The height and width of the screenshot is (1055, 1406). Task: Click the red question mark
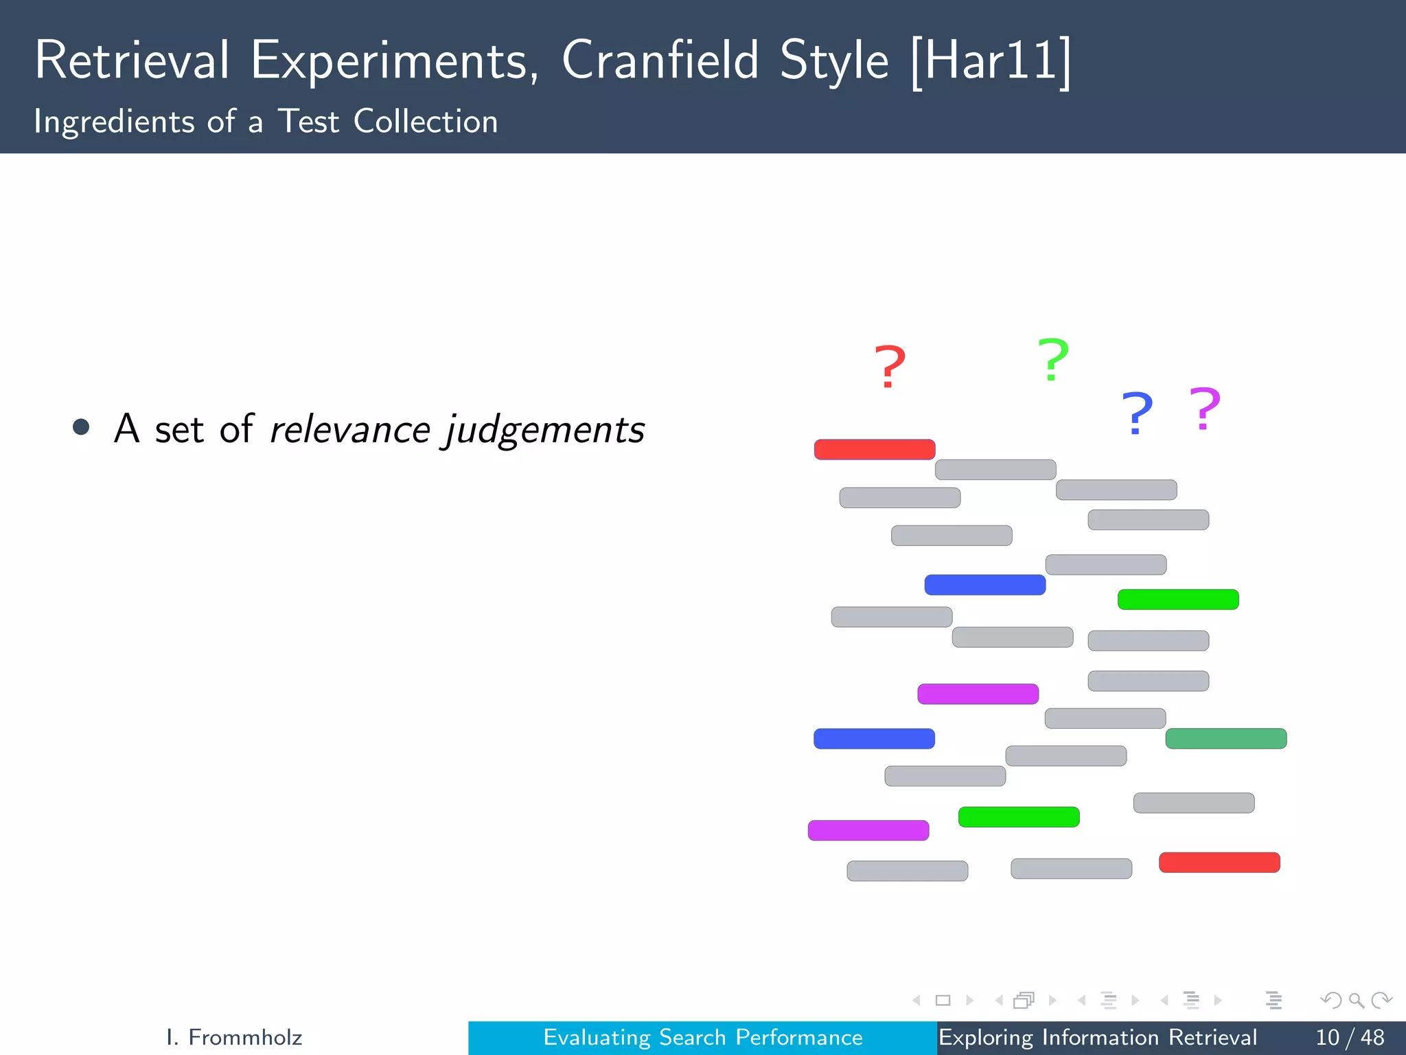[889, 367]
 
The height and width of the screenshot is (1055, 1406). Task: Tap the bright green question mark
[1053, 359]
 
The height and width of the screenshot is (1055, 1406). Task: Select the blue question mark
[1137, 413]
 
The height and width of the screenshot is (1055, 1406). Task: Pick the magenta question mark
[1205, 409]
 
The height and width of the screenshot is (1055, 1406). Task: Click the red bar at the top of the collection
[875, 449]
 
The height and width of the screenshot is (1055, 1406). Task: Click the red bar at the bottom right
[1219, 862]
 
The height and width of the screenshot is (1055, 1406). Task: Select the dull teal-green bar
[1225, 738]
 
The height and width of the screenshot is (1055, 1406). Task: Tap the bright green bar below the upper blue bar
[1178, 599]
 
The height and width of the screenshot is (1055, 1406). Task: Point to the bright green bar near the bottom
[1019, 817]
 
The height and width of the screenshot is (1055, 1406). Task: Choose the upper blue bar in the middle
[984, 585]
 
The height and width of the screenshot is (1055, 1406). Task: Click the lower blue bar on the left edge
[874, 738]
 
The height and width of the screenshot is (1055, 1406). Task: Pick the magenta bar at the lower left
[868, 830]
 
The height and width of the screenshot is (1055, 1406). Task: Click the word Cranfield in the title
[660, 60]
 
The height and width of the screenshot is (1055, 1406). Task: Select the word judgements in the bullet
[546, 431]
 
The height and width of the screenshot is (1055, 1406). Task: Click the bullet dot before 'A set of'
[81, 427]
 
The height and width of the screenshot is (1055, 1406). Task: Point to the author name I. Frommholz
[234, 1037]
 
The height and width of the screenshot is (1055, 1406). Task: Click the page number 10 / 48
[1349, 1037]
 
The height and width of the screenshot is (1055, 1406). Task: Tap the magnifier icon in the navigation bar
[1356, 1000]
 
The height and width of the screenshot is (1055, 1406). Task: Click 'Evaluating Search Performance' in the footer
[702, 1037]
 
